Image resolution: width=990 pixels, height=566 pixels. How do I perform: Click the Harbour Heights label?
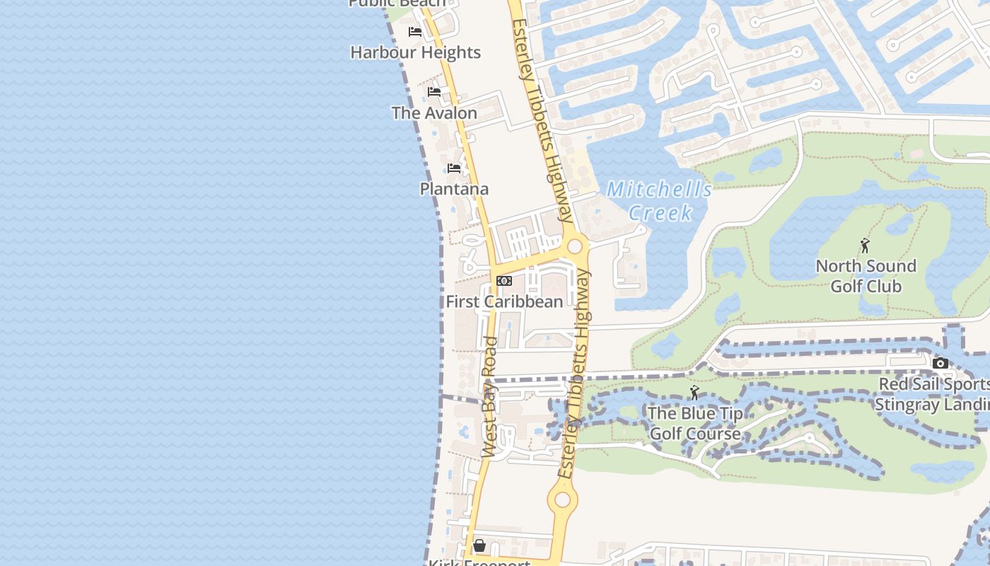415,52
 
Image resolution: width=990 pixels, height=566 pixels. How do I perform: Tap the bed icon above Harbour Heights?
415,32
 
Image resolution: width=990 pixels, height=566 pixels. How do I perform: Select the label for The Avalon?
434,112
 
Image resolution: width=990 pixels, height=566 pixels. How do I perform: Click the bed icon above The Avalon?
434,92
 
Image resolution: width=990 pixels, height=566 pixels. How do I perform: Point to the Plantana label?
454,189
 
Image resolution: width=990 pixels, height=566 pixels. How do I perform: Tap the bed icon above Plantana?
454,168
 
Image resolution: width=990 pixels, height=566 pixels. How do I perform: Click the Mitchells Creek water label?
660,201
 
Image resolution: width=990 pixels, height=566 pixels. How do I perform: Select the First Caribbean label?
504,301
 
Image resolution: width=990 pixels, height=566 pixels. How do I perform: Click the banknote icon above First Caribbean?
504,281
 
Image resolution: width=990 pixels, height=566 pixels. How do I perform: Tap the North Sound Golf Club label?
866,276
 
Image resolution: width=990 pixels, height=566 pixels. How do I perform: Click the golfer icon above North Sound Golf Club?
865,246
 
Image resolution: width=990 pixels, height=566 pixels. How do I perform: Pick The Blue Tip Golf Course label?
695,423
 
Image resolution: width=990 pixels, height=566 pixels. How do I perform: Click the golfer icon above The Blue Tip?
694,393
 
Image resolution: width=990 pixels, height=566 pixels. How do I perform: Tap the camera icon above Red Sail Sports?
940,364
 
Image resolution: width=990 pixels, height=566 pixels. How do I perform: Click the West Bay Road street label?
490,396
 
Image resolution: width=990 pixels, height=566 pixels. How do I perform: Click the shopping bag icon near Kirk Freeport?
479,545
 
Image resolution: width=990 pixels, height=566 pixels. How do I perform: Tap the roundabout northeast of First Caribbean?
575,246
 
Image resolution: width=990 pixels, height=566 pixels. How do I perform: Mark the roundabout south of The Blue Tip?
562,500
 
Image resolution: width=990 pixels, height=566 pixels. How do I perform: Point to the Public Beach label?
397,3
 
